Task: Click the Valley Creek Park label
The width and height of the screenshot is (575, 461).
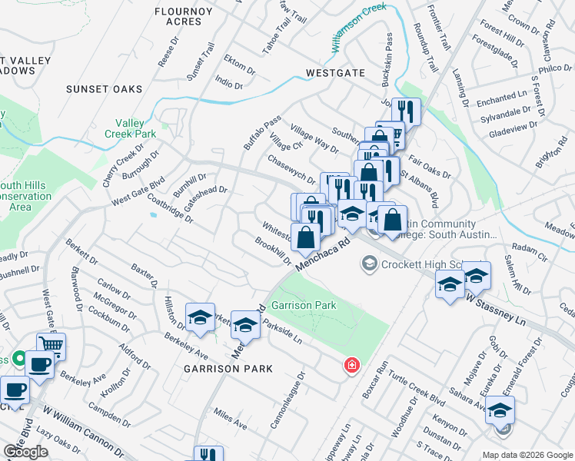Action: [135, 128]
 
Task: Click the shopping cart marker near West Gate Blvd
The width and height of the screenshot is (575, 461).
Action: [51, 347]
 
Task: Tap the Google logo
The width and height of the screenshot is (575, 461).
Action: [25, 453]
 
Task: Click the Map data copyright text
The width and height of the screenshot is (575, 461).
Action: [528, 454]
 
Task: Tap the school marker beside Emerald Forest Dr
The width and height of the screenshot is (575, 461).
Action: [500, 411]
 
